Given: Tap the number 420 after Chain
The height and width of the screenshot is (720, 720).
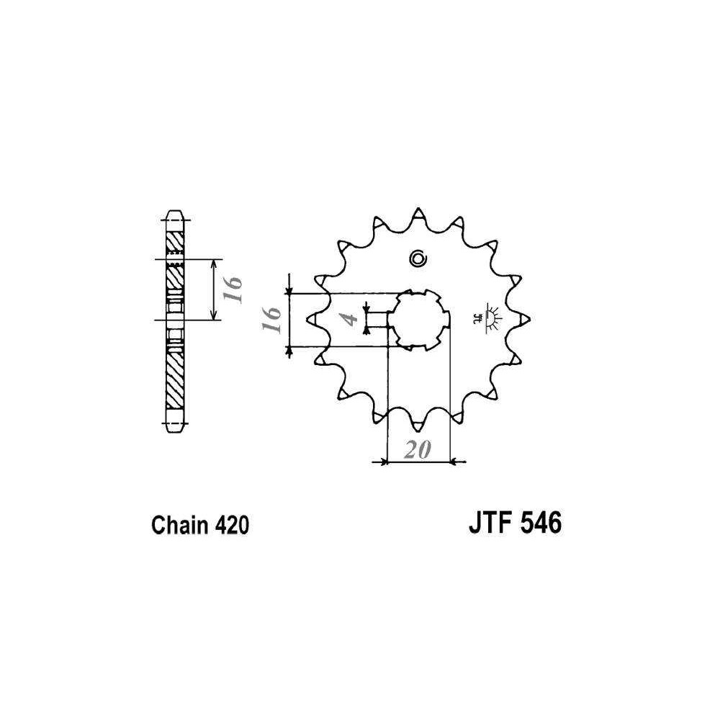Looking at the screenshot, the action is [230, 525].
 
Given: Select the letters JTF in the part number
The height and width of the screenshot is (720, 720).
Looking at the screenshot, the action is [489, 523].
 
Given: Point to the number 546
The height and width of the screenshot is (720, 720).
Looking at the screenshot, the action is [540, 523].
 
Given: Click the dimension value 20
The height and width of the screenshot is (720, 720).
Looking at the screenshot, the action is [418, 449].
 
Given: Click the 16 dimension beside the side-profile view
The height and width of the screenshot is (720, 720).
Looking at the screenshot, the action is [234, 289].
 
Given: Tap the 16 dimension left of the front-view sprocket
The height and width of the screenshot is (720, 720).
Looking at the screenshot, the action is [271, 320].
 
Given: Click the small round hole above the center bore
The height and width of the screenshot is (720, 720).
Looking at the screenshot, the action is [418, 258].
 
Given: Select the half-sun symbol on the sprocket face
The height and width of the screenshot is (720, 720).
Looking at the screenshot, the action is [490, 318].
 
